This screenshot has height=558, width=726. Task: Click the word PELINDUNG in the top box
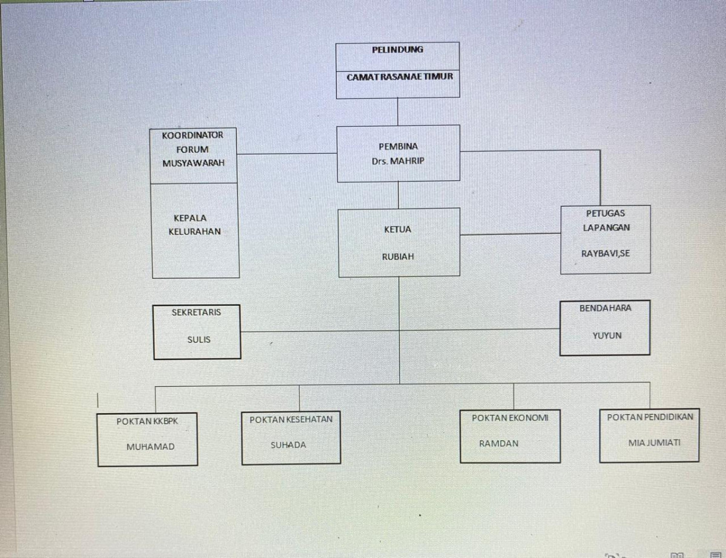click(x=397, y=50)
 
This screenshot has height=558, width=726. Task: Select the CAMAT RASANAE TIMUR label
click(x=399, y=77)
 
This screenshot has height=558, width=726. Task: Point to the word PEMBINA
click(x=398, y=146)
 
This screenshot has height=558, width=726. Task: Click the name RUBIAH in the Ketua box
click(x=397, y=256)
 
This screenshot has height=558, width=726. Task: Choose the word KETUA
click(x=397, y=230)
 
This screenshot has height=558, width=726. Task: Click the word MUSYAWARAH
click(x=193, y=163)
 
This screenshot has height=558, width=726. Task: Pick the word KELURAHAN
click(x=194, y=232)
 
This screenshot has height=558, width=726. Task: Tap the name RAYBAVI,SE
click(x=605, y=253)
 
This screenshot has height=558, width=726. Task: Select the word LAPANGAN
click(x=606, y=227)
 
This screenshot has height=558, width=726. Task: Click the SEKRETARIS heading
click(x=196, y=313)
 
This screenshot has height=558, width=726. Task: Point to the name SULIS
click(x=199, y=340)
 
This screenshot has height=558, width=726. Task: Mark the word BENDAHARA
click(x=605, y=308)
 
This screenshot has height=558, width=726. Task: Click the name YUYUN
click(x=607, y=335)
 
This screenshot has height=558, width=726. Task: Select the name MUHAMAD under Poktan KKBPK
click(x=150, y=447)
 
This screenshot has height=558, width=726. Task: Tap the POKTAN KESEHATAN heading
click(x=291, y=419)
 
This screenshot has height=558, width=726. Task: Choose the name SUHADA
click(x=288, y=445)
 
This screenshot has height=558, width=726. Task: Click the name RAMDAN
click(x=499, y=443)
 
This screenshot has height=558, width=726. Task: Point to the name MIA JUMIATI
click(x=654, y=443)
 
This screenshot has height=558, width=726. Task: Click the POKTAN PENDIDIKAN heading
click(x=650, y=417)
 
